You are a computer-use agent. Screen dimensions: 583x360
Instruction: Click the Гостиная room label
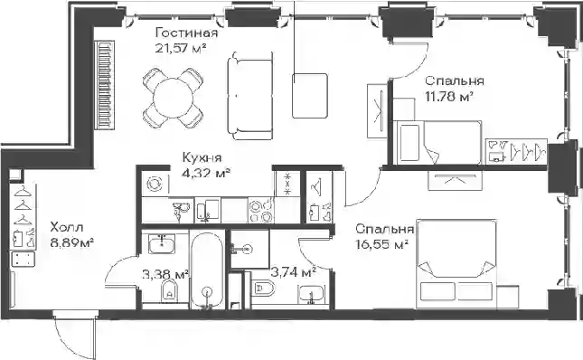coord(186,33)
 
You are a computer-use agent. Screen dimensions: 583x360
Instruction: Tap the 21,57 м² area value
coord(181,48)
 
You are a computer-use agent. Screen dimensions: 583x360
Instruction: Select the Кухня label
coord(202,157)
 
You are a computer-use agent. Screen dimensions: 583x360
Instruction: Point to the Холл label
coord(67,227)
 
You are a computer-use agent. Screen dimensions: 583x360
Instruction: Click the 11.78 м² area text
coord(449,96)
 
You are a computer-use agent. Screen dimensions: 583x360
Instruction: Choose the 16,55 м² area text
coord(382,245)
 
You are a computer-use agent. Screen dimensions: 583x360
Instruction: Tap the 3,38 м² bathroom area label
coord(165,274)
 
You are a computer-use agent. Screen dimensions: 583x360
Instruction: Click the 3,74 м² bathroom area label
coord(294,272)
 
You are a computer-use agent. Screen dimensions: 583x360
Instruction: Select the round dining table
coord(174,98)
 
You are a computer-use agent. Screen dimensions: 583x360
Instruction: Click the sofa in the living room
coord(250,96)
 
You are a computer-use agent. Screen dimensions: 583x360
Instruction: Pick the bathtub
coord(207,269)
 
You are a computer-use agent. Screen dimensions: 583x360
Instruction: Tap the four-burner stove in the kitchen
coord(261,211)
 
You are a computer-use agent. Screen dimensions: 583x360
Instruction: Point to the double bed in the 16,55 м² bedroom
coord(456,264)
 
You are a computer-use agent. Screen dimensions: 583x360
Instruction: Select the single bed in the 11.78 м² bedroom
coord(437,142)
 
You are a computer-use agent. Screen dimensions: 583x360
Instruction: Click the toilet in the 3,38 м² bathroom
coord(169,290)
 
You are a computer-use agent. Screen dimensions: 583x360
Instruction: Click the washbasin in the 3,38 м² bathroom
coord(162,244)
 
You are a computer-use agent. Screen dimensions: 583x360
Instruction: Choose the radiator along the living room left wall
coord(105,85)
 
